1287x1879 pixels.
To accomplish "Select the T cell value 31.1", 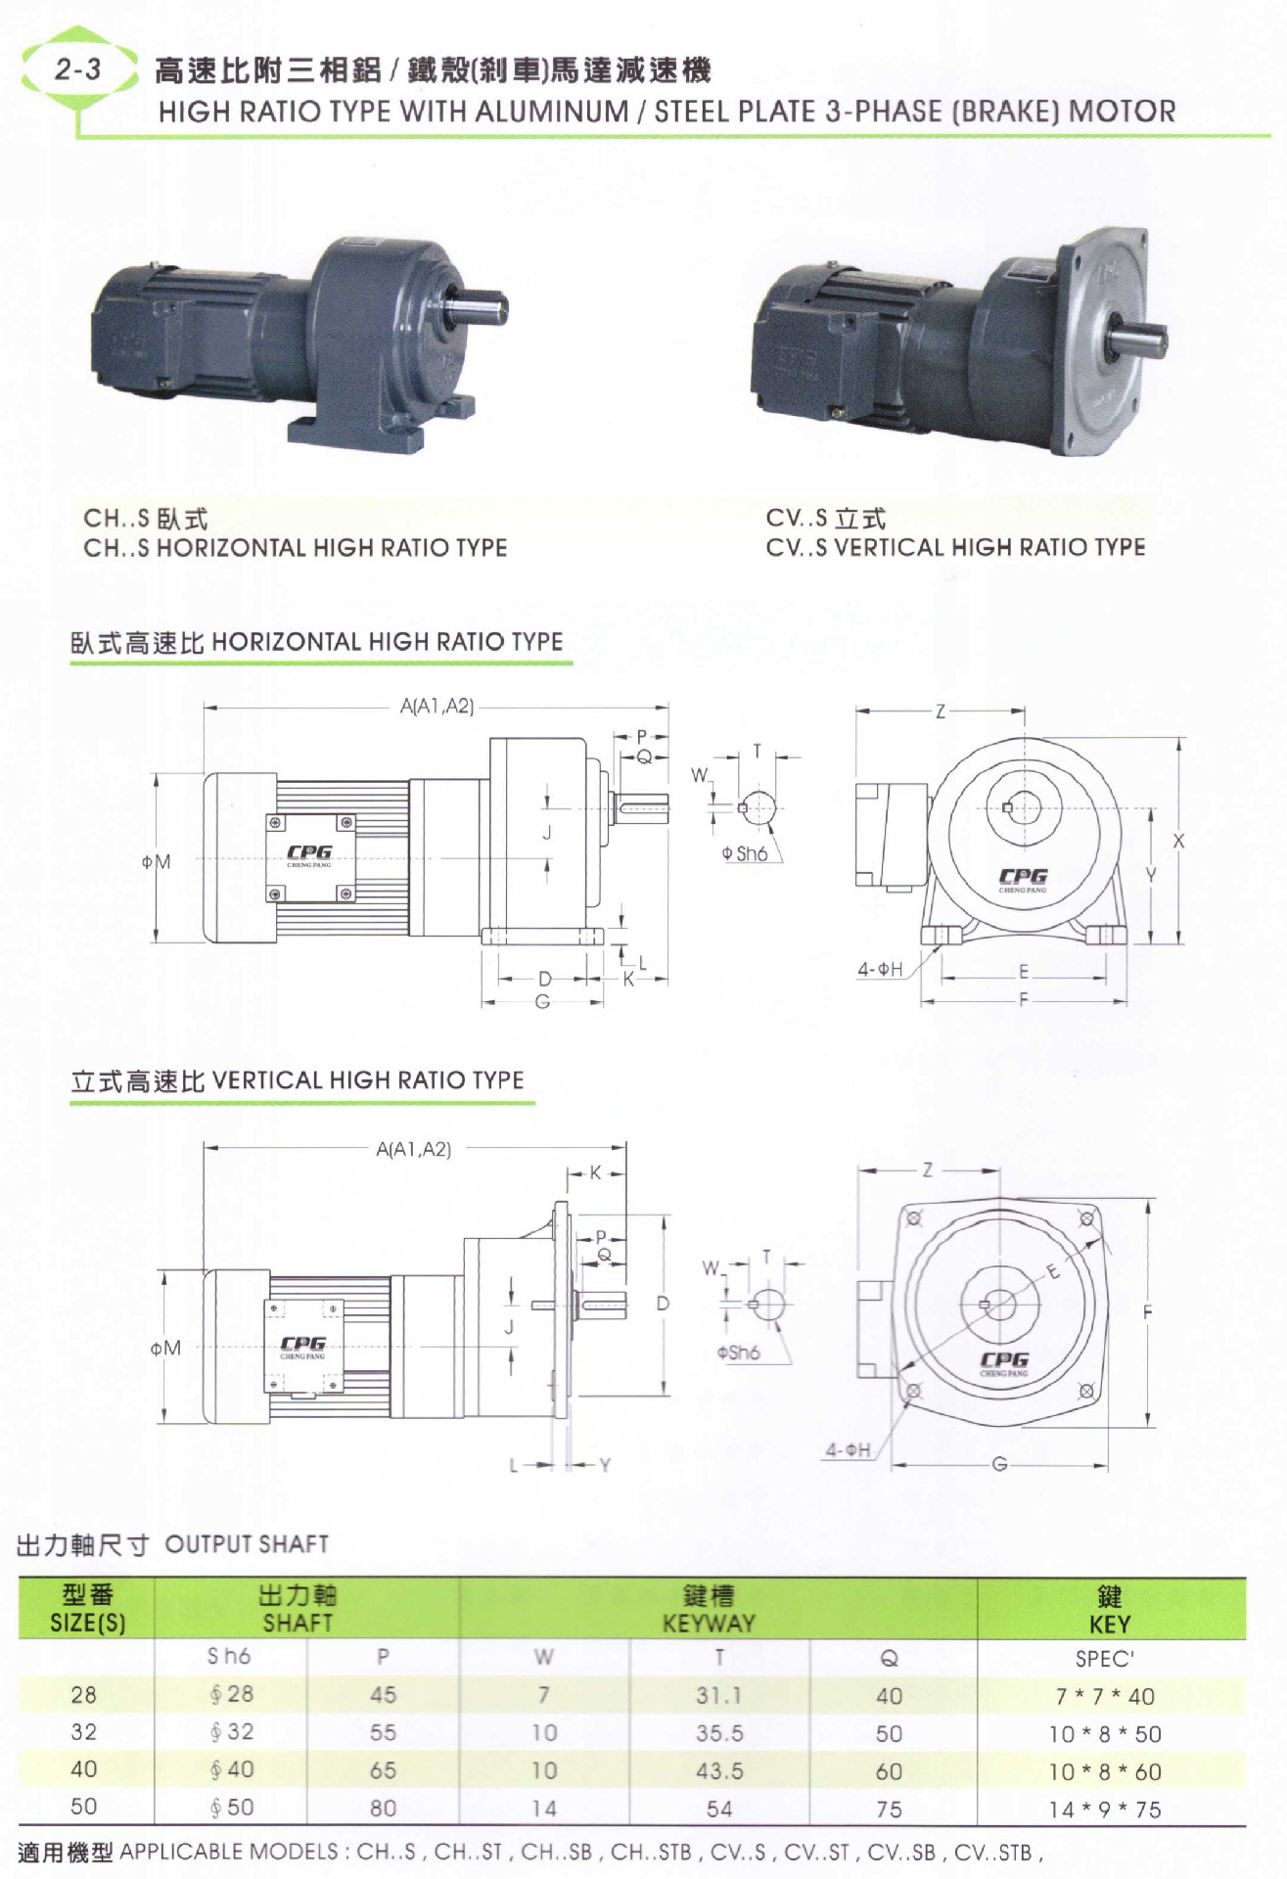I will point(718,1695).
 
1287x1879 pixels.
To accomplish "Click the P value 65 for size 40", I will point(383,1770).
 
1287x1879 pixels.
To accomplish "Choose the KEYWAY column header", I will point(709,1624).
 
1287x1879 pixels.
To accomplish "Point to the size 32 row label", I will point(84,1732).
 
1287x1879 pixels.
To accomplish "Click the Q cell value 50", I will point(889,1733).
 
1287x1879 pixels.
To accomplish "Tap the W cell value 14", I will point(544,1809).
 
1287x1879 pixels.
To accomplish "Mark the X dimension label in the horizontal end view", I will point(1177,841).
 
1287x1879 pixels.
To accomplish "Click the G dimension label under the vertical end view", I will point(999,1464).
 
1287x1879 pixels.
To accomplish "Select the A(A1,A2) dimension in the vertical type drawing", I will point(413,1149).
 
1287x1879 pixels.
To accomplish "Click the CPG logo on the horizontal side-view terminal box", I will point(309,852).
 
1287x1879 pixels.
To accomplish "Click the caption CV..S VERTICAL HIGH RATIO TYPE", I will point(954,547).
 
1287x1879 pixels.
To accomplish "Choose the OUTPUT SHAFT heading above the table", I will point(246,1543).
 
